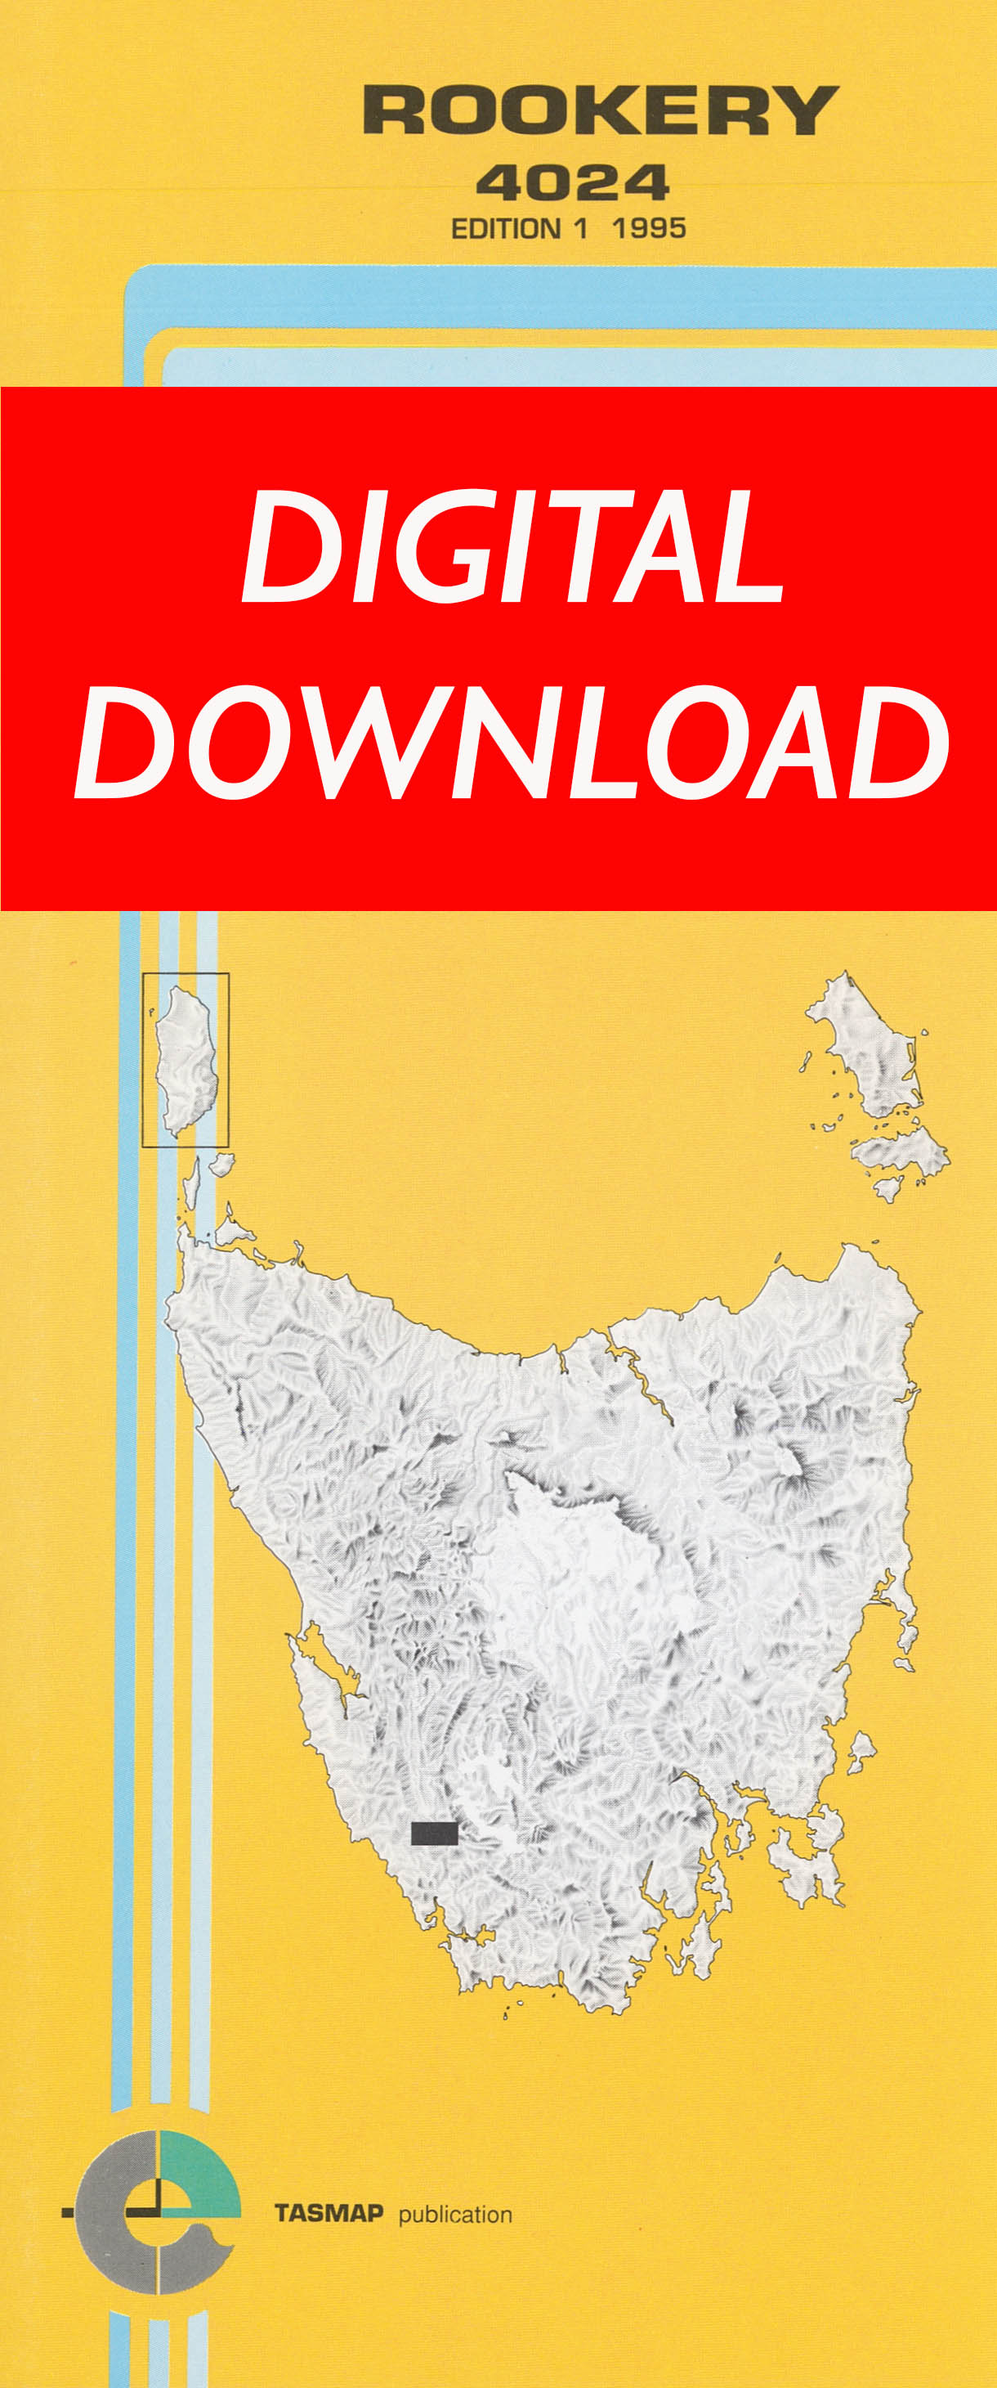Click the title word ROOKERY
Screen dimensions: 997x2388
click(x=601, y=110)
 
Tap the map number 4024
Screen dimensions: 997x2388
click(x=572, y=182)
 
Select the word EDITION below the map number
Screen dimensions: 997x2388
click(x=506, y=229)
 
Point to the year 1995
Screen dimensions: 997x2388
click(x=649, y=228)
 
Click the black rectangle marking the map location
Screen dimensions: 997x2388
click(x=434, y=1833)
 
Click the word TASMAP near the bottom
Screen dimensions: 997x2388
click(x=329, y=2214)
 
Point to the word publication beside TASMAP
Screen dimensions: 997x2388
click(x=455, y=2215)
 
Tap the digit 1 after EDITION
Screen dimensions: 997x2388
click(x=581, y=229)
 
